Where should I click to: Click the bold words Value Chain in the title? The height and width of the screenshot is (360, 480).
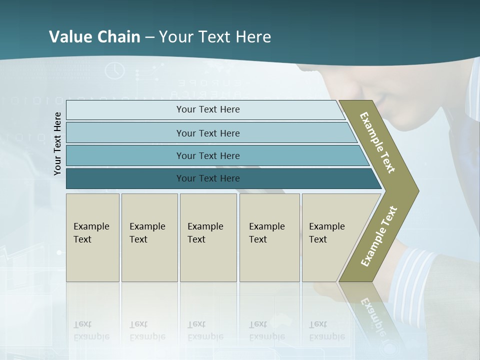[x=94, y=37]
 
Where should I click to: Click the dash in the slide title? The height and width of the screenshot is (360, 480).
[x=149, y=37]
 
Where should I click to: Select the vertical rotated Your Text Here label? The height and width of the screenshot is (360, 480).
[x=57, y=143]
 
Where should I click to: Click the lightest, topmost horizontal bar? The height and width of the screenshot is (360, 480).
[x=207, y=109]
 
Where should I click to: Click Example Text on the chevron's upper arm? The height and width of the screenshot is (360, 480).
[x=377, y=142]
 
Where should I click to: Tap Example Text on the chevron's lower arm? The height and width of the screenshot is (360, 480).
[x=379, y=236]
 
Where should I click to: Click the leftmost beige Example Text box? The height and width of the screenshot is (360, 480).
[x=92, y=237]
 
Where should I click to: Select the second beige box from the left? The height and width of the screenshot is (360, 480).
[x=149, y=237]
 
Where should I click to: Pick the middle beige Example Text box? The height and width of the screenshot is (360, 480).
[x=208, y=237]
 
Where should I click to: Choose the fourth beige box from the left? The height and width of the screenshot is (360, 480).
[x=269, y=237]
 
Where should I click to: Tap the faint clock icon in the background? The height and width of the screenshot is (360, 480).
[x=114, y=70]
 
